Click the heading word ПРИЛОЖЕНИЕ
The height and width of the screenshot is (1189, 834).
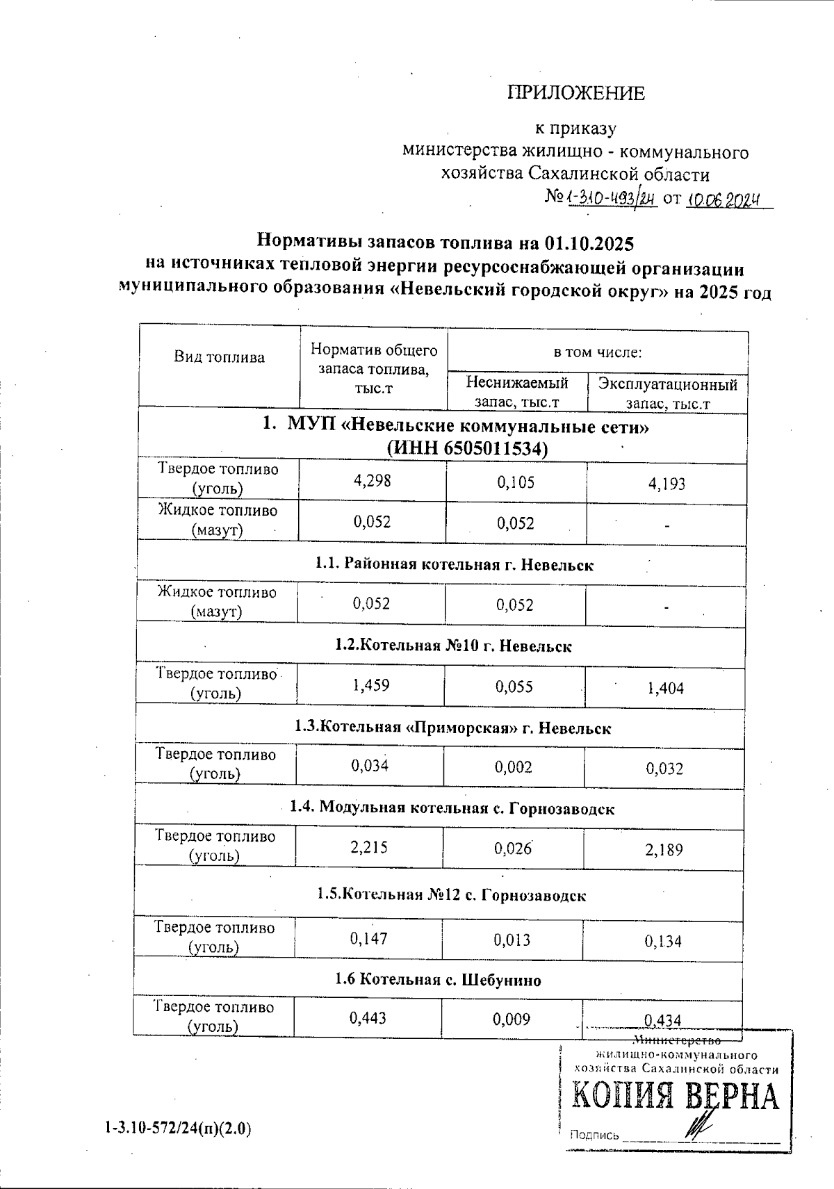[x=575, y=93]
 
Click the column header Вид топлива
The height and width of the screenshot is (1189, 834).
[x=219, y=358]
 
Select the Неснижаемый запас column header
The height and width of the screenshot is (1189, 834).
[x=516, y=392]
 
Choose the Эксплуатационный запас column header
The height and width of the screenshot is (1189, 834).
[x=667, y=393]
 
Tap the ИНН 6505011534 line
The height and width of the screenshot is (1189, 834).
[x=467, y=449]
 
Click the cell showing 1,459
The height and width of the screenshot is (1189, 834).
[x=370, y=685]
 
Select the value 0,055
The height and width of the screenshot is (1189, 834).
[x=514, y=687]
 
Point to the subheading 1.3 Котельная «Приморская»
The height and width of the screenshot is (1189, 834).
[x=452, y=728]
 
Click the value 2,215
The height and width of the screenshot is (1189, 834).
[x=369, y=847]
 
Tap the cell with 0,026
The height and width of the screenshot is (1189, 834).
[x=514, y=848]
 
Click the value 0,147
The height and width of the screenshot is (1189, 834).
[x=368, y=939]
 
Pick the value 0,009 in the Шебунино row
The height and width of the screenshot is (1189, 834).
[x=512, y=1019]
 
